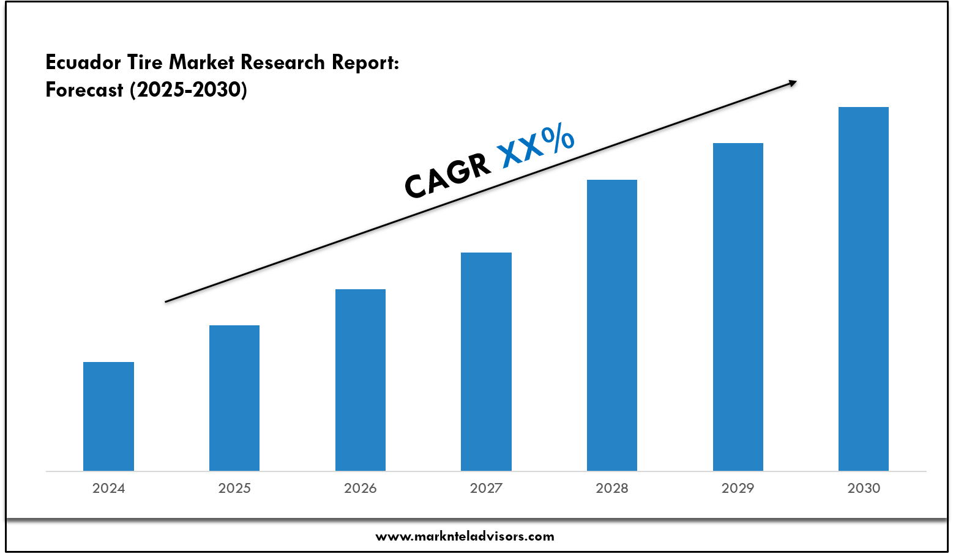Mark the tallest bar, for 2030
tap(864, 289)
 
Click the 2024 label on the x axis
tap(108, 488)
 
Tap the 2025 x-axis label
tap(234, 488)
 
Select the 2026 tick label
tap(361, 488)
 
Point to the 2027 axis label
tap(486, 488)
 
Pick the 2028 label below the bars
tap(612, 488)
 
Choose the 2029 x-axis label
tap(738, 488)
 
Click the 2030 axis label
tap(864, 488)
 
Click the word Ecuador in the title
tap(83, 62)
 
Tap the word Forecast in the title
tap(84, 90)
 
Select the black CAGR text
tap(447, 175)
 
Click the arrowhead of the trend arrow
tap(793, 83)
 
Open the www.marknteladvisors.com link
tap(465, 536)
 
